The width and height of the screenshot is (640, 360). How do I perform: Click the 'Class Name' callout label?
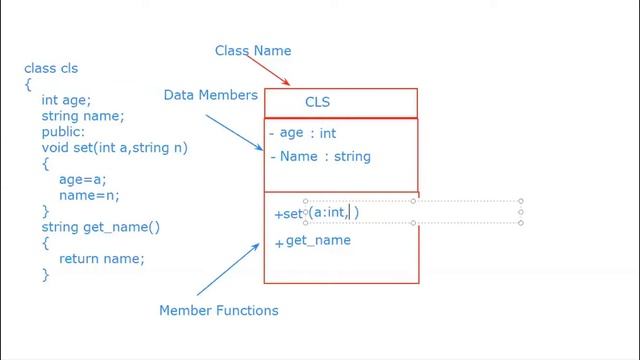click(x=253, y=51)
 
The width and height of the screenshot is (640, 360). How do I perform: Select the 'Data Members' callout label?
click(x=211, y=95)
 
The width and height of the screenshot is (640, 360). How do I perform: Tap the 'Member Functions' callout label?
click(x=218, y=311)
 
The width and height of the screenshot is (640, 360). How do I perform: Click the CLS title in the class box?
click(x=317, y=102)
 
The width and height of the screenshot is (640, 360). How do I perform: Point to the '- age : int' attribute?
click(x=302, y=133)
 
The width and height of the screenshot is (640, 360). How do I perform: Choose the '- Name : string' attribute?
click(x=320, y=157)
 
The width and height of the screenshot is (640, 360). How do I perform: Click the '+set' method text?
click(x=288, y=214)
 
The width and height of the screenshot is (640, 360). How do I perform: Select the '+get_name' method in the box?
click(x=313, y=241)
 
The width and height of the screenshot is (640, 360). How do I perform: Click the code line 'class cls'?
click(x=51, y=69)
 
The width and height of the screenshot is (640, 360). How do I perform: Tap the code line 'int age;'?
click(x=66, y=100)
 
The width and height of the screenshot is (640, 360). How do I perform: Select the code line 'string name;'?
click(x=83, y=116)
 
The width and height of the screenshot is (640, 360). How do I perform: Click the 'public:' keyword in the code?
click(x=64, y=132)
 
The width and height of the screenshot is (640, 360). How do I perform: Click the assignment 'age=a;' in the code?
click(x=82, y=179)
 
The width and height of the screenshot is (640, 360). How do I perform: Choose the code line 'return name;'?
click(x=102, y=259)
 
